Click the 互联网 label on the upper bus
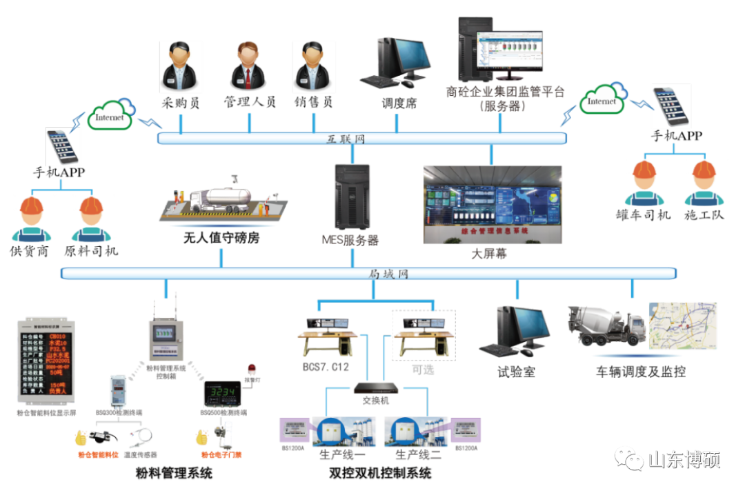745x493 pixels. (345, 139)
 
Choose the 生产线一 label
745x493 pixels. (342, 456)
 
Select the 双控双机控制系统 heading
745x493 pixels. (380, 474)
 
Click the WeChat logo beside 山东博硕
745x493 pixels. (628, 457)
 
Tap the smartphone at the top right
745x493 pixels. (671, 106)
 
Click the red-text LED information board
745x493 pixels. (46, 363)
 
